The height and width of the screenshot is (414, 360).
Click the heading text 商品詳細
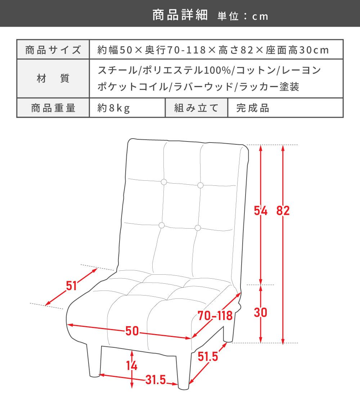click(180, 15)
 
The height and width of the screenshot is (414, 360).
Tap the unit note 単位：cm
click(243, 16)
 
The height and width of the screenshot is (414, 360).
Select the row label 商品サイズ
click(53, 50)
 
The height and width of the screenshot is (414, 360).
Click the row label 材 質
click(53, 78)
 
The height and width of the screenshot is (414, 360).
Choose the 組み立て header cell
click(196, 108)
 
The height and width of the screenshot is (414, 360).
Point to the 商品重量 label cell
click(53, 108)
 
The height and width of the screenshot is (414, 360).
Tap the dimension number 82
click(283, 211)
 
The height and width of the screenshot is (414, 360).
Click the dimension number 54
click(261, 211)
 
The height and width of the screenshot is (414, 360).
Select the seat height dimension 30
click(260, 312)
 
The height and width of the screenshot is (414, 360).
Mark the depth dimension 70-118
click(215, 315)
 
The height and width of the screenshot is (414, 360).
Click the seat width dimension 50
click(132, 331)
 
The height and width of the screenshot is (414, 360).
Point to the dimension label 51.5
click(208, 356)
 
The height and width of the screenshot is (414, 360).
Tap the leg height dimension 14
click(131, 366)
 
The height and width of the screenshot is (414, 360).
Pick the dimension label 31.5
click(156, 380)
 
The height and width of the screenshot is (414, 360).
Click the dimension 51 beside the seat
click(71, 286)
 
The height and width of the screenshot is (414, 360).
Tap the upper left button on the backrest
click(164, 182)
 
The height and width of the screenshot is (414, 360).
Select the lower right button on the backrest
click(198, 228)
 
